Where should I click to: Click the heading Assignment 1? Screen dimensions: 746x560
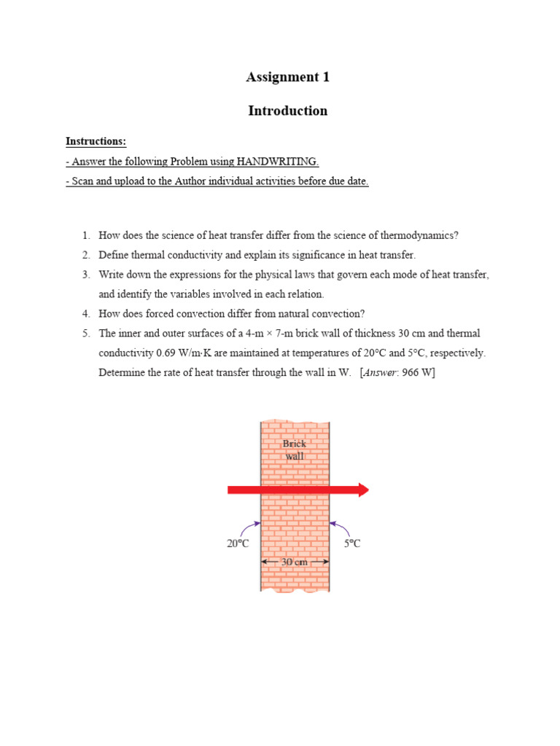point(287,77)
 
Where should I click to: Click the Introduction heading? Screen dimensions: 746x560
point(287,111)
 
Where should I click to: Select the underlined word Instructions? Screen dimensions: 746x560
point(96,141)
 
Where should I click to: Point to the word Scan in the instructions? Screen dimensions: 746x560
point(83,181)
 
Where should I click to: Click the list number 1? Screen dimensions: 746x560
point(85,235)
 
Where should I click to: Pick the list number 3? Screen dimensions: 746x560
point(85,275)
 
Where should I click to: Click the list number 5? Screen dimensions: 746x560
point(85,334)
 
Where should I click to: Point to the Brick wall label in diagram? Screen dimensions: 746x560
point(295,449)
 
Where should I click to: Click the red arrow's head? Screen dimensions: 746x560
point(362,490)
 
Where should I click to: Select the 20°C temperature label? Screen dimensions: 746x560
point(238,543)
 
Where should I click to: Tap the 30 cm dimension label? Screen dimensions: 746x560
point(295,562)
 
